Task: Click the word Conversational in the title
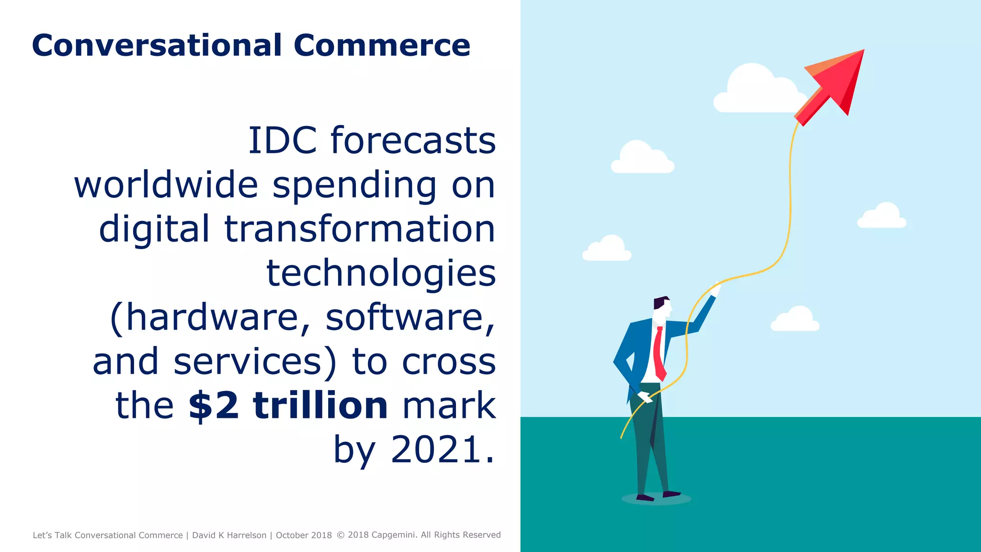157,46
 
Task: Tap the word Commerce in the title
382,46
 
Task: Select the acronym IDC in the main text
282,141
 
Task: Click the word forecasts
413,141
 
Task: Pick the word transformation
360,229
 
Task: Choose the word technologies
381,273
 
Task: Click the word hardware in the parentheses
211,317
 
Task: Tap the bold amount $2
214,406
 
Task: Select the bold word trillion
320,406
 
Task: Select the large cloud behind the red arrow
757,91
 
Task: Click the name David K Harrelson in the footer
229,535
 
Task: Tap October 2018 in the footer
304,535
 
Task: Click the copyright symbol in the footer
341,535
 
